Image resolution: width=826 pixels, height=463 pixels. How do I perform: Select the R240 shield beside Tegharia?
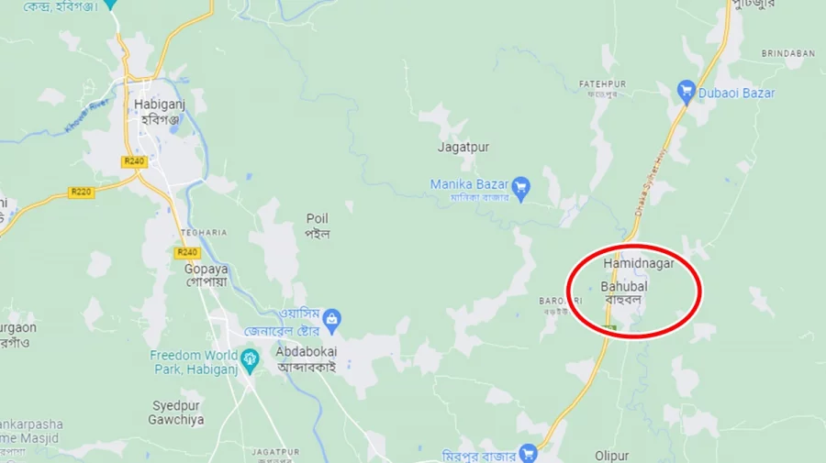[187, 252]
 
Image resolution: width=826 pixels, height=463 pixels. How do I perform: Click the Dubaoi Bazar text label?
[736, 93]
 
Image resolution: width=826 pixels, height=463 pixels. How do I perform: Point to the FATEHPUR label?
[602, 84]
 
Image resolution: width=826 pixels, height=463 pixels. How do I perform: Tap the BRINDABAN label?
[787, 53]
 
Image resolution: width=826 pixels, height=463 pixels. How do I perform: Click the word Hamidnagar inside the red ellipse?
[639, 263]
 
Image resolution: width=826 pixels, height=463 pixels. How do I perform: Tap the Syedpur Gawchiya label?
[176, 412]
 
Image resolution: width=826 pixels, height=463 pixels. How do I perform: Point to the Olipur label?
[611, 455]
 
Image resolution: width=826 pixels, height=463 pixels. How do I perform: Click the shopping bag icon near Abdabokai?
[332, 320]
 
